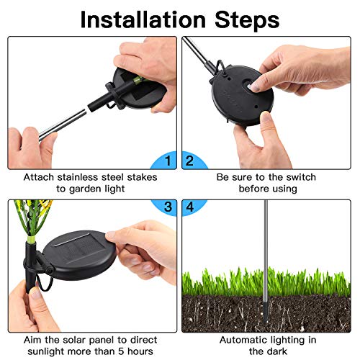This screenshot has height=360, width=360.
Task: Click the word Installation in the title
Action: pos(143,19)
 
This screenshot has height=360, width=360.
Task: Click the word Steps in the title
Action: pos(247,19)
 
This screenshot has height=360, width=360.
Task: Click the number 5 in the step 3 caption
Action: pos(122,351)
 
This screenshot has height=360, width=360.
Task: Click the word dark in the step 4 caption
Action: pos(277,351)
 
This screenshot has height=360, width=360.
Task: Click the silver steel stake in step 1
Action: pos(63,125)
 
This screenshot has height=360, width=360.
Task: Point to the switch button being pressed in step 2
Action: pos(248,86)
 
